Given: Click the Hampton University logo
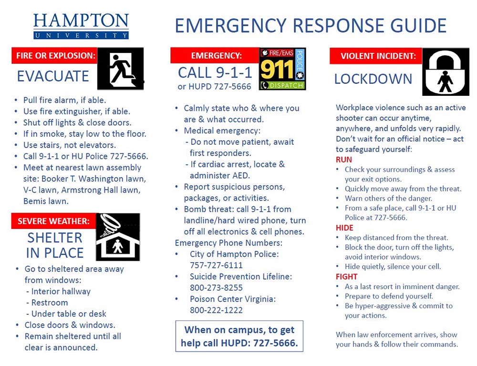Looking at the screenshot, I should (x=81, y=26).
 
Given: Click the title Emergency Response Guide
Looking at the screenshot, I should (x=311, y=25).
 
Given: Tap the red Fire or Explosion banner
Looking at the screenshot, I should (x=54, y=56).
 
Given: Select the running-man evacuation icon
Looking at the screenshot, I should (x=120, y=69).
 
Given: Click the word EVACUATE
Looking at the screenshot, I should (x=53, y=76).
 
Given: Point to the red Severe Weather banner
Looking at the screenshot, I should (x=53, y=221).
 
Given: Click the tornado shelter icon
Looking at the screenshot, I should (x=118, y=237).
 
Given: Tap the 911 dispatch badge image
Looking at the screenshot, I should (x=282, y=69).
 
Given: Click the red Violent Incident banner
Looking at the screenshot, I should (x=375, y=56).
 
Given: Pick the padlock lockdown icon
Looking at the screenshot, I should (x=446, y=72).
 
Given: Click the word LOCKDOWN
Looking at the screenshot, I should (x=373, y=79).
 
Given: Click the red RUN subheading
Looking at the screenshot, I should (x=343, y=160).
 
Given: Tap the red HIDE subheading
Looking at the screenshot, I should (x=344, y=228).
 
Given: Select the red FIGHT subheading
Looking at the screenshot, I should (x=346, y=276).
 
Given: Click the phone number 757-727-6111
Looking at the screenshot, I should (x=216, y=265).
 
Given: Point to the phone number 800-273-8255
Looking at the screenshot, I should (x=216, y=287).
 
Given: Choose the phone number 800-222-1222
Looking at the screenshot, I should (x=216, y=310).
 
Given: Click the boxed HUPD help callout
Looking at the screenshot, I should (x=239, y=336).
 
